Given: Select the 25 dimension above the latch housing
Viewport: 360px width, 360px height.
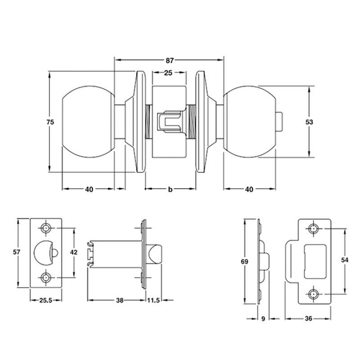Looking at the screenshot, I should [x=170, y=73].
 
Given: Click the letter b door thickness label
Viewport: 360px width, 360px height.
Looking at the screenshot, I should [x=170, y=189].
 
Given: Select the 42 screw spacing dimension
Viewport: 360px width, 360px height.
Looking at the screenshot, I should [x=74, y=253].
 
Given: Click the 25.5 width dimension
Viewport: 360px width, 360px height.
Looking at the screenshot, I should [x=45, y=301].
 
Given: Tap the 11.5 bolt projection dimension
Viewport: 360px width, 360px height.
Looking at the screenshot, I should [x=154, y=301].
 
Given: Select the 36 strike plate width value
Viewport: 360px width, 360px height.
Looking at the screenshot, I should [x=308, y=319].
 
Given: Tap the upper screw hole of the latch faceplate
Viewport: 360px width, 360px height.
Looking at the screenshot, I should [x=46, y=229].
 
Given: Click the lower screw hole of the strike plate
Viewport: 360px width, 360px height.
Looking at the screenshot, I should [x=313, y=294].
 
